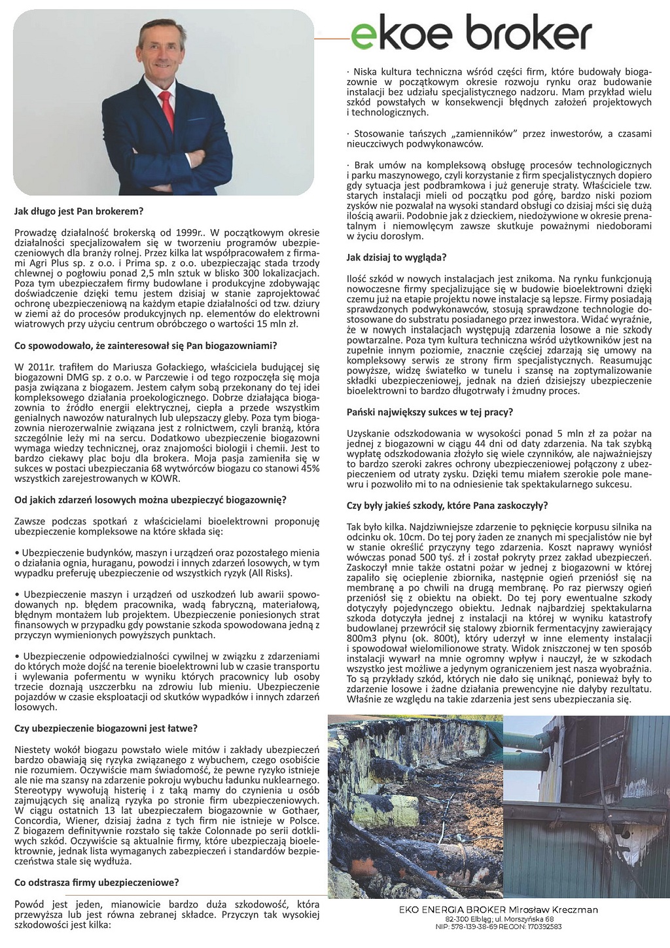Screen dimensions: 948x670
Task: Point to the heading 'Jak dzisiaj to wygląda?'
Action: click(x=397, y=257)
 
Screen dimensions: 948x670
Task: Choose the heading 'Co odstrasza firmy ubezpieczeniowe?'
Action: click(x=97, y=882)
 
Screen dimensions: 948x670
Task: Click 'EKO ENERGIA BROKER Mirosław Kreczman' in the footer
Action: click(x=499, y=909)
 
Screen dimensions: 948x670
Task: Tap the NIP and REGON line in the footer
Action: click(x=499, y=926)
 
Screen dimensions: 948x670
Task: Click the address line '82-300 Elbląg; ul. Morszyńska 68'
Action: click(x=499, y=919)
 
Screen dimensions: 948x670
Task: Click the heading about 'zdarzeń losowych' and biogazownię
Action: click(x=150, y=500)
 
